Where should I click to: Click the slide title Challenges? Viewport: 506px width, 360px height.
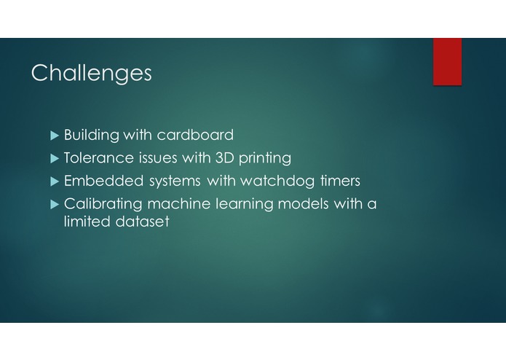point(92,73)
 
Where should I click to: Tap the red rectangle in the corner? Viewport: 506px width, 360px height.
point(447,61)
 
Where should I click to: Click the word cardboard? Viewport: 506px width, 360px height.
point(195,135)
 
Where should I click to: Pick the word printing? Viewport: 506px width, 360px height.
point(265,159)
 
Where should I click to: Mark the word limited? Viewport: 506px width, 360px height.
point(87,222)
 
